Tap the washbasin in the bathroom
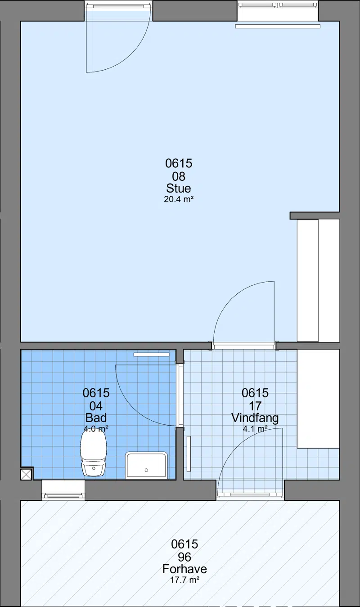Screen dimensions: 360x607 (146, 465)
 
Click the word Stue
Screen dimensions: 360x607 (179, 189)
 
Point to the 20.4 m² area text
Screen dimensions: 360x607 (179, 199)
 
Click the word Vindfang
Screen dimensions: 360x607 (255, 418)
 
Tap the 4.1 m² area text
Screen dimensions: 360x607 (255, 429)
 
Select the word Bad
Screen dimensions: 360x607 (96, 418)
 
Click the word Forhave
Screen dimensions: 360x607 (184, 569)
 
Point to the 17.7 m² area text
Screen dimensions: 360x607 (184, 580)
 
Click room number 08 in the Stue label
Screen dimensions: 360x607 (179, 177)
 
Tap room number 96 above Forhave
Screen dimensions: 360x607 (184, 558)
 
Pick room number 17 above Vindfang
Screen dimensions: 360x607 (255, 406)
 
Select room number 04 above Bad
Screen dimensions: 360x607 (96, 406)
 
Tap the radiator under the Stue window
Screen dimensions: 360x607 (278, 26)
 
